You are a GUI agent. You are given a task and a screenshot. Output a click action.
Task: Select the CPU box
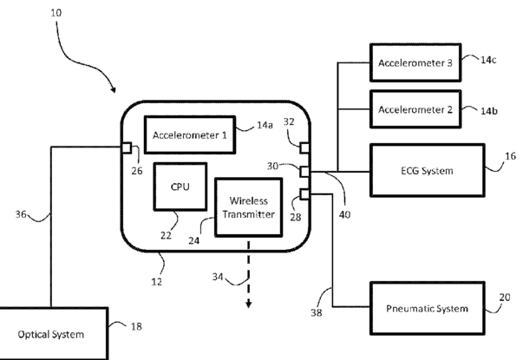[180, 187]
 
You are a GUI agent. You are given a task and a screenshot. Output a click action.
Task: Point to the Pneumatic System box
[426, 308]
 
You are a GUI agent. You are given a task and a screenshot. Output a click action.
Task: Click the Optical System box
[54, 333]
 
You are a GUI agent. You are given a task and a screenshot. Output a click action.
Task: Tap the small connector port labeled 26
[126, 147]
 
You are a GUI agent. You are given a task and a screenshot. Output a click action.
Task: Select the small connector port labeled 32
[304, 147]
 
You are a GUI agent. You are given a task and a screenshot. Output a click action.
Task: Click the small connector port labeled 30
[304, 171]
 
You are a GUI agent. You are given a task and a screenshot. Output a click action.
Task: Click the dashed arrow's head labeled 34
[247, 304]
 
